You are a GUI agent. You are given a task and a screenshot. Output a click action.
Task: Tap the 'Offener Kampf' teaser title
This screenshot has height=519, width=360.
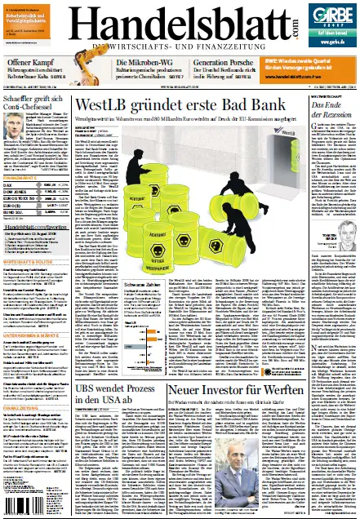29,63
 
